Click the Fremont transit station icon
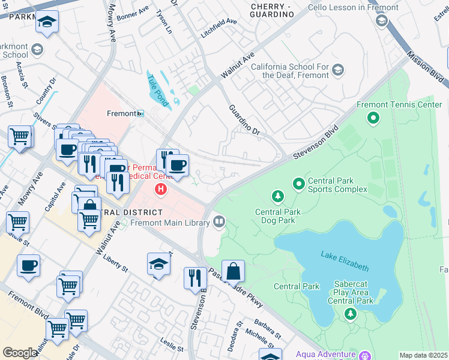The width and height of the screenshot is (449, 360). click(x=140, y=113)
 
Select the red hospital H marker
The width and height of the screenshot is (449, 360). click(x=161, y=190)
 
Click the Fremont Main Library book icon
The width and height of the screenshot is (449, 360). click(x=219, y=223)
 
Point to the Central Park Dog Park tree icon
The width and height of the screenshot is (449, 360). click(x=277, y=196)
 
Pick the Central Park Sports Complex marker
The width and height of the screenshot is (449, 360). click(x=298, y=183)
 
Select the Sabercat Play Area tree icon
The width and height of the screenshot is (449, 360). click(x=351, y=314)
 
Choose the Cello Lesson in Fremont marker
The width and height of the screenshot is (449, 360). click(x=381, y=21)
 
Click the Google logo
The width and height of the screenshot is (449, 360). click(x=20, y=353)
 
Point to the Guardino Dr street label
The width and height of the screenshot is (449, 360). click(x=243, y=119)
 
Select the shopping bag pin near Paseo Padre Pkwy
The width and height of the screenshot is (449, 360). click(x=233, y=272)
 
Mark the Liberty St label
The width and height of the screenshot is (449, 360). click(x=116, y=265)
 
